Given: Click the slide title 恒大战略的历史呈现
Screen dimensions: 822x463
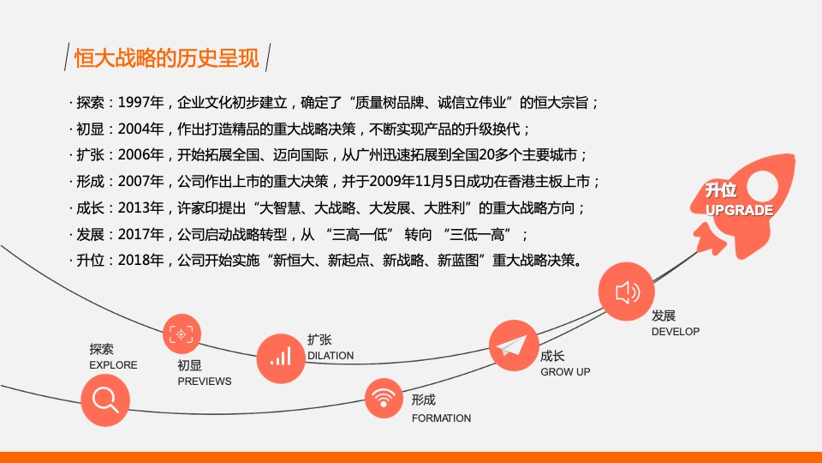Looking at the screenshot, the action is click(167, 57).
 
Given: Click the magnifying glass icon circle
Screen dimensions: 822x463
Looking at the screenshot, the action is click(105, 401).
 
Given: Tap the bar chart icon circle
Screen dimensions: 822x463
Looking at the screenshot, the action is click(281, 358).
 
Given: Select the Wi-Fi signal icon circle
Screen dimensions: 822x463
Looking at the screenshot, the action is click(384, 398).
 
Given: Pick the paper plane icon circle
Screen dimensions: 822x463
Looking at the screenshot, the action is click(514, 346).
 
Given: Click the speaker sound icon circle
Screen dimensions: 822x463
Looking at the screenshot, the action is click(627, 292).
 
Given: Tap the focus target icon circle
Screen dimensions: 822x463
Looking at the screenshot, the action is click(182, 334).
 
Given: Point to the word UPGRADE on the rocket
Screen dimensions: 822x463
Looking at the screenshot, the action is click(739, 210).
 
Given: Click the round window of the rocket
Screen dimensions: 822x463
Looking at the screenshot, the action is click(762, 184).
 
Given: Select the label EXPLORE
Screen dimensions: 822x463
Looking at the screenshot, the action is click(113, 365).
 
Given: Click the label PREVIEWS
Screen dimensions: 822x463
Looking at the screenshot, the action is click(205, 381).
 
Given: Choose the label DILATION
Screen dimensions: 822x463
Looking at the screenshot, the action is click(331, 355).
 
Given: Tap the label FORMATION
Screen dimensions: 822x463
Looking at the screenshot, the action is click(442, 418).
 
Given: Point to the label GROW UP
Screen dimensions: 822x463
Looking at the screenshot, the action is click(565, 371).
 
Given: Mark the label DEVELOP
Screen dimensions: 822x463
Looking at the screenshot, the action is click(676, 331).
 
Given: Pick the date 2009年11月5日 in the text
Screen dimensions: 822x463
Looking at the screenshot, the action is click(417, 182).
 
